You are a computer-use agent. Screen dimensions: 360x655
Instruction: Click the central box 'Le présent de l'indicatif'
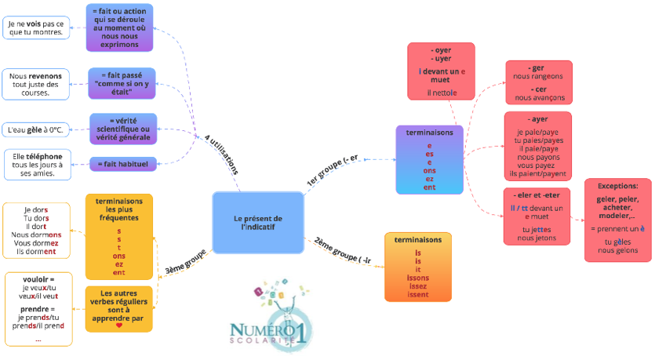tap(258, 222)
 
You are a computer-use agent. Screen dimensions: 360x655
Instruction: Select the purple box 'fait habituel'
tap(123, 163)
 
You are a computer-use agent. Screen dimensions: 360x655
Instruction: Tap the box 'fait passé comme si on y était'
tap(122, 83)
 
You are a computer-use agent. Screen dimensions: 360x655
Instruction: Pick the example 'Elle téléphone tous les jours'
tap(37, 164)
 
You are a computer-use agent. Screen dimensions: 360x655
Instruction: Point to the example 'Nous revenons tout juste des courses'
tap(35, 84)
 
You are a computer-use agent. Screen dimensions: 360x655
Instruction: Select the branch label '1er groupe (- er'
tap(332, 170)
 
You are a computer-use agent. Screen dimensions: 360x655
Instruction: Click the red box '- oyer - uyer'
tap(440, 71)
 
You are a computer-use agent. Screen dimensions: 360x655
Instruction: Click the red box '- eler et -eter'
tap(537, 216)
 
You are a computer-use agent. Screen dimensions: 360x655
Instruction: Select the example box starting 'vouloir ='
tap(38, 308)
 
